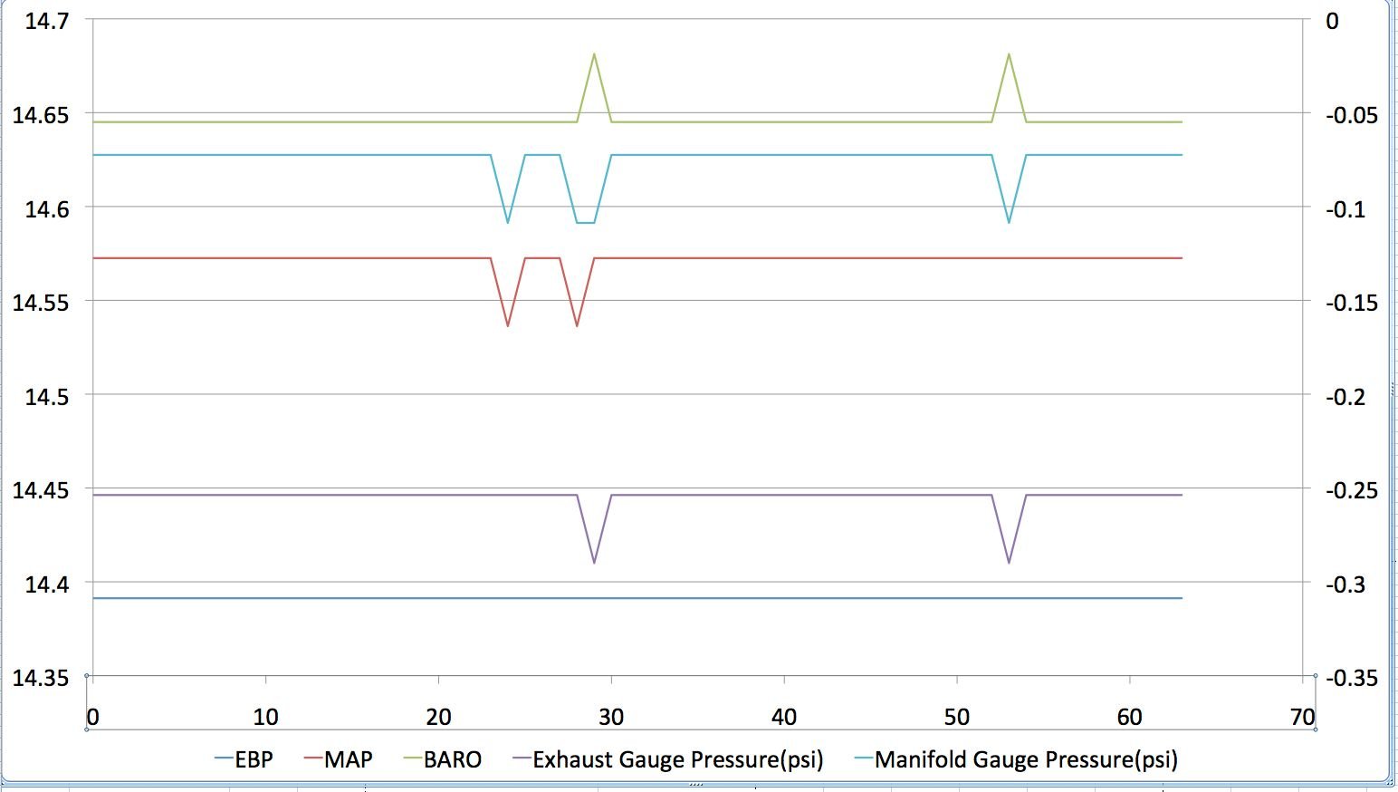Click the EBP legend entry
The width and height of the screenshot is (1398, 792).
pyautogui.click(x=244, y=759)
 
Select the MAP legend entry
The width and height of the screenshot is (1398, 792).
pyautogui.click(x=339, y=759)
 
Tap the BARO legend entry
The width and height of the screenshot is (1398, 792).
pyautogui.click(x=443, y=759)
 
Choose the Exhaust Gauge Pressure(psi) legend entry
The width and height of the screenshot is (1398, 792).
pyautogui.click(x=668, y=759)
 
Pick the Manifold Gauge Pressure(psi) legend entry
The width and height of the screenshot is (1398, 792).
pyautogui.click(x=1016, y=759)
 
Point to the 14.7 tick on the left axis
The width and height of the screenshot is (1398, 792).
pyautogui.click(x=47, y=21)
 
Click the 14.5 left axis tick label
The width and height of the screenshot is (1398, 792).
pyautogui.click(x=47, y=397)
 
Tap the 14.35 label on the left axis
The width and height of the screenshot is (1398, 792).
pyautogui.click(x=41, y=678)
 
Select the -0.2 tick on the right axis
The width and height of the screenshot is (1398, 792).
pyautogui.click(x=1345, y=397)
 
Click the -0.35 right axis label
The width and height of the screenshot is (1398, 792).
pyautogui.click(x=1352, y=678)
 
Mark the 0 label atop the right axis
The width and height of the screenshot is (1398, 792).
pyautogui.click(x=1333, y=21)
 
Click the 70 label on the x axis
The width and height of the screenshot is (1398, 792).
pyautogui.click(x=1303, y=717)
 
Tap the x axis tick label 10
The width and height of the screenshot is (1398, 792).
pyautogui.click(x=266, y=717)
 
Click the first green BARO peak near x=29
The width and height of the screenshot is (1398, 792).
pyautogui.click(x=594, y=54)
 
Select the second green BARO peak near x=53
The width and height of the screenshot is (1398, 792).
pyautogui.click(x=1009, y=54)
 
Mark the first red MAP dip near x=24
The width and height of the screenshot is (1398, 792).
pyautogui.click(x=508, y=325)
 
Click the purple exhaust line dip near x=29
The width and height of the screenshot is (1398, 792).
pyautogui.click(x=594, y=562)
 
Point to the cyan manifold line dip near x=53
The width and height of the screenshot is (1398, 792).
pyautogui.click(x=1009, y=222)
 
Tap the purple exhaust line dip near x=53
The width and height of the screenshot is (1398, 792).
pyautogui.click(x=1009, y=562)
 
